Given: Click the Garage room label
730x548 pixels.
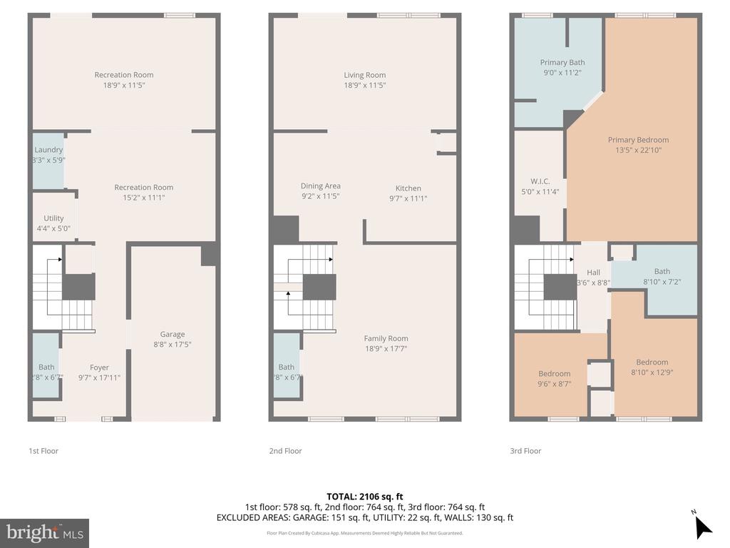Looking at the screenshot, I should point(172,334).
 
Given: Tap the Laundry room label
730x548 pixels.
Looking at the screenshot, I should point(48,150).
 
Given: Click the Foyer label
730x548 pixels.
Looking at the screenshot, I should point(99,367).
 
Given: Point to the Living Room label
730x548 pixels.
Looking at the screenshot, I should point(364,75).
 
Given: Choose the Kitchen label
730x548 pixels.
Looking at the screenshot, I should point(408,188).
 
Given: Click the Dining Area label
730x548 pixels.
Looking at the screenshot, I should point(320,186).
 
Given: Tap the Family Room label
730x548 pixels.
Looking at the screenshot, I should point(386,338).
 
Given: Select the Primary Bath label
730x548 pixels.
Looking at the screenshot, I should point(562,63).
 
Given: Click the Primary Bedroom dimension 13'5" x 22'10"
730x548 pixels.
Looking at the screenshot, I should point(638,150).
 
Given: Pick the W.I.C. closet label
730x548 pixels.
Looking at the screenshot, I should point(540,181).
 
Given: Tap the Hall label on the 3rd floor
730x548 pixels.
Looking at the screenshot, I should point(593,273).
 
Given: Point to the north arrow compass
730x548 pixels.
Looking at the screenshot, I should point(702,526).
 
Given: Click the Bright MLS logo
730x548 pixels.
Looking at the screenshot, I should point(44,532).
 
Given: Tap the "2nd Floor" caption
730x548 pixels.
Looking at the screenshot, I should point(285,451).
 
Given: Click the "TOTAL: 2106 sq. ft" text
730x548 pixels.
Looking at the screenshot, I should point(364,497).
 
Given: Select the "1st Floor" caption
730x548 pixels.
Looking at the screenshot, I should point(43,451).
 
